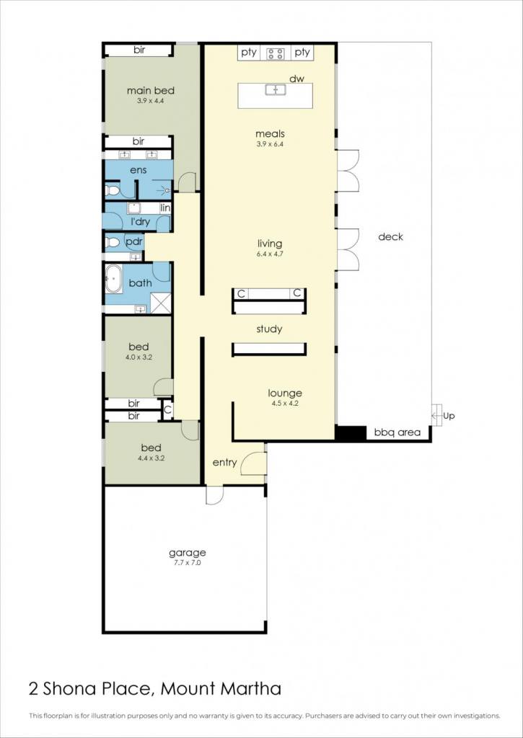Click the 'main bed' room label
pyautogui.click(x=151, y=91)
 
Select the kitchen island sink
pyautogui.click(x=276, y=89)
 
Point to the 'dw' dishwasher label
pyautogui.click(x=296, y=79)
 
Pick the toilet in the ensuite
pyautogui.click(x=112, y=190)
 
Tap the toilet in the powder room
pyautogui.click(x=112, y=242)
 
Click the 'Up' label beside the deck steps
pyautogui.click(x=449, y=417)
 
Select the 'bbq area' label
pyautogui.click(x=397, y=432)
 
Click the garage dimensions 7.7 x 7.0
pyautogui.click(x=187, y=562)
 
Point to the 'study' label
pyautogui.click(x=270, y=329)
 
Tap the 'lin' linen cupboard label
pyautogui.click(x=165, y=208)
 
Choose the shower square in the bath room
pyautogui.click(x=161, y=303)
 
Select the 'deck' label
pyautogui.click(x=390, y=236)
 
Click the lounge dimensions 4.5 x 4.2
pyautogui.click(x=285, y=403)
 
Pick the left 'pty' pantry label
pyautogui.click(x=249, y=53)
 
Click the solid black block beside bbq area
pyautogui.click(x=351, y=433)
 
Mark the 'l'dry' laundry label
pyautogui.click(x=140, y=221)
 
